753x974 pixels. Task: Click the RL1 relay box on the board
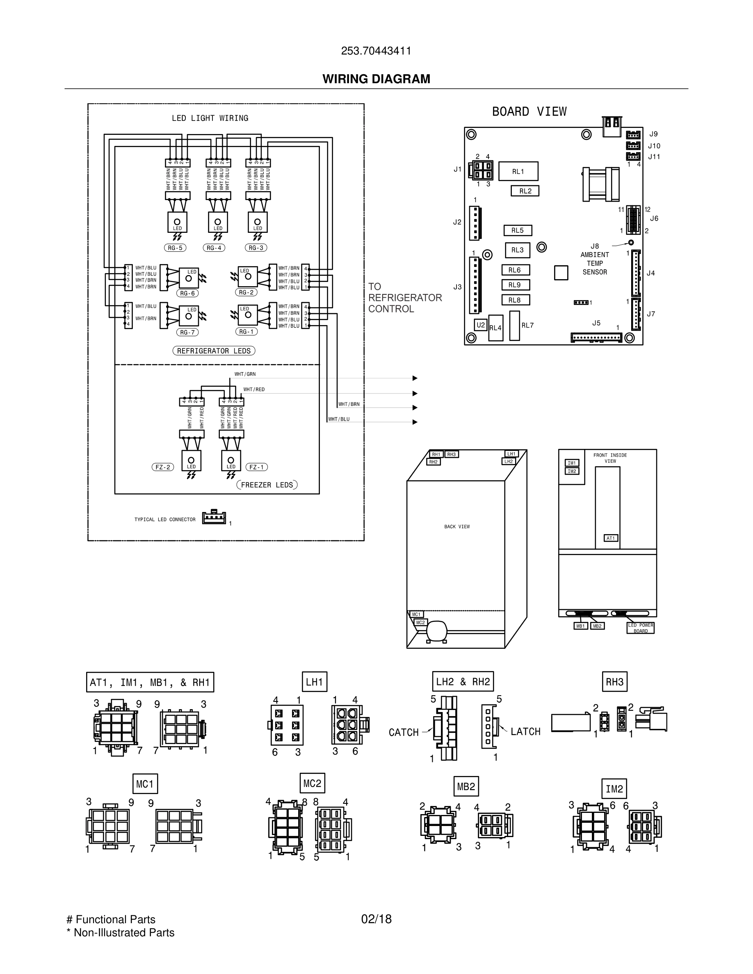pos(518,171)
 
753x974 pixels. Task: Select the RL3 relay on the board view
pos(518,250)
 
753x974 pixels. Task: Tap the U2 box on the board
pos(480,325)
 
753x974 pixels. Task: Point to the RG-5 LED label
pos(175,248)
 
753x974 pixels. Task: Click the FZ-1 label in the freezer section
pos(256,467)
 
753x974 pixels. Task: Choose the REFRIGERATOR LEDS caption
pos(214,351)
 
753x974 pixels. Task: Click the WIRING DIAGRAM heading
pos(376,79)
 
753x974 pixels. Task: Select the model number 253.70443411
pos(376,51)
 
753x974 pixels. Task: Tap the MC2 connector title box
pos(312,783)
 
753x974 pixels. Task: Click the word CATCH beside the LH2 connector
pos(404,733)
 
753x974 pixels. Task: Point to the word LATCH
pos(525,732)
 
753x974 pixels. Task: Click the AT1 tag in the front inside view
pos(611,538)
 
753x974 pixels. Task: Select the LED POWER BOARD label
pos(641,628)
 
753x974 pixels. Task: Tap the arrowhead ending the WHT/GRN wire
pos(415,379)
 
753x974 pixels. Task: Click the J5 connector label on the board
pos(596,323)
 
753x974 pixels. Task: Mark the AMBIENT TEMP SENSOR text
pos(595,263)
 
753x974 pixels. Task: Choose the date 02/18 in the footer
pos(376,919)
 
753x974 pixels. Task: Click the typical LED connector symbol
pos(214,517)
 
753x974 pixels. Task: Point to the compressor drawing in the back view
pos(436,631)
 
